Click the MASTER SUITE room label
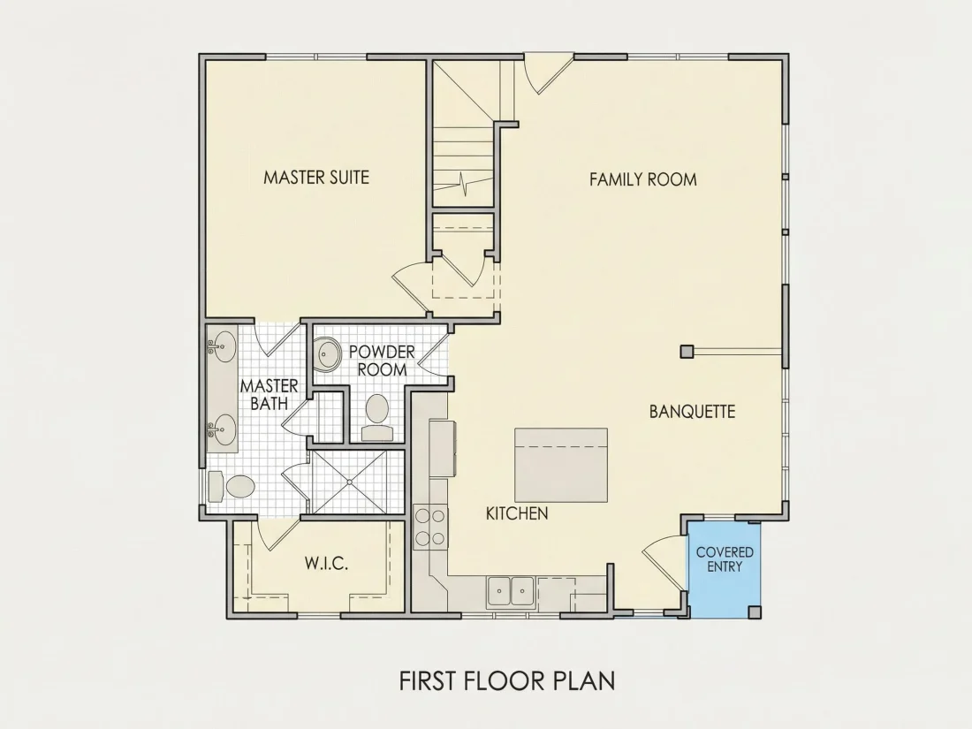click(x=316, y=178)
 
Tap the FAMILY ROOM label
click(x=642, y=179)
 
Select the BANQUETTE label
click(x=692, y=412)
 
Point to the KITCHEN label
click(x=516, y=513)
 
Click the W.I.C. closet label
click(x=326, y=564)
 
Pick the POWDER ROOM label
click(x=382, y=361)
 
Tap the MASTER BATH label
click(x=269, y=394)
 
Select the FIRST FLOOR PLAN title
click(x=507, y=680)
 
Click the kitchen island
click(x=560, y=465)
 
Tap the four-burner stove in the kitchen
click(x=431, y=527)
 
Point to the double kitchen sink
click(x=511, y=591)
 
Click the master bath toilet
click(x=232, y=487)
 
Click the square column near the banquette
click(x=687, y=352)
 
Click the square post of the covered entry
click(x=754, y=611)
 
